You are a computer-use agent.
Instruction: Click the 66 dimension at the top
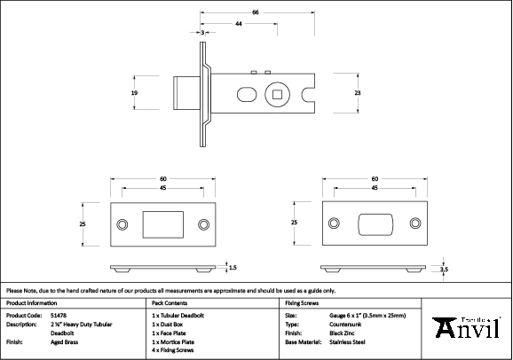pyautogui.click(x=256, y=12)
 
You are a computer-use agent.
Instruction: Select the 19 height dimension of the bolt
pyautogui.click(x=134, y=92)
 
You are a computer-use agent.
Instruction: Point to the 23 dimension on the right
pyautogui.click(x=357, y=92)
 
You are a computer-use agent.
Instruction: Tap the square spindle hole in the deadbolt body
pyautogui.click(x=279, y=92)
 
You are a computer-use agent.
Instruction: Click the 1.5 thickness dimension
pyautogui.click(x=233, y=266)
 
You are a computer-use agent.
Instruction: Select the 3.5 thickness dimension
pyautogui.click(x=444, y=269)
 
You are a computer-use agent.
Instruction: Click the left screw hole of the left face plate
pyautogui.click(x=122, y=225)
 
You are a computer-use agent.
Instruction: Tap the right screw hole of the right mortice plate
pyautogui.click(x=414, y=224)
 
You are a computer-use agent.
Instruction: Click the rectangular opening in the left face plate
pyautogui.click(x=160, y=225)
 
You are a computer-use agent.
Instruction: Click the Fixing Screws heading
pyautogui.click(x=301, y=302)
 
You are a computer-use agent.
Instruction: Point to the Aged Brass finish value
pyautogui.click(x=64, y=341)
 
